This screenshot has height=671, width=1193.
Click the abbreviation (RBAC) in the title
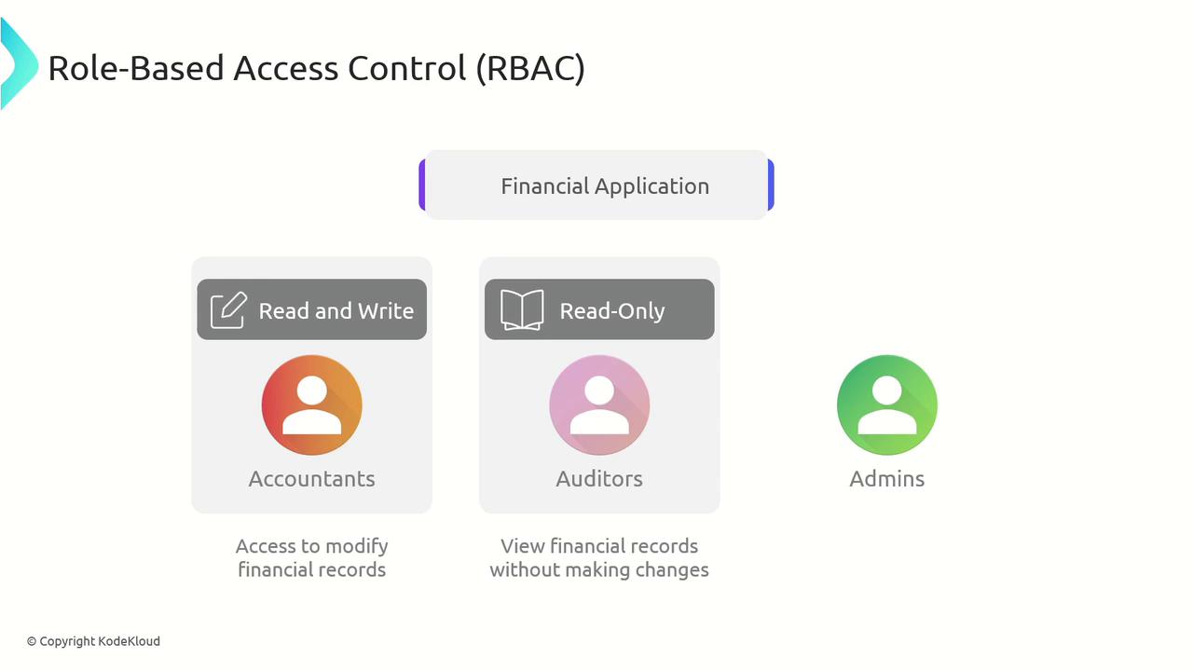tap(530, 69)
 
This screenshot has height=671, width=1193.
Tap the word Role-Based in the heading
tap(136, 68)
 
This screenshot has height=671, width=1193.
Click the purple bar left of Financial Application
tap(422, 185)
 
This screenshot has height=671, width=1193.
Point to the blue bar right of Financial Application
tap(771, 185)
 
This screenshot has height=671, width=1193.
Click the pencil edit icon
tap(229, 310)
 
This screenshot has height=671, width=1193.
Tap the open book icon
tap(522, 310)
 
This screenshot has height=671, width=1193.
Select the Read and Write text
tap(336, 311)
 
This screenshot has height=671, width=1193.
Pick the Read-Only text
tap(612, 311)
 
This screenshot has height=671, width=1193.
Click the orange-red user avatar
tap(311, 405)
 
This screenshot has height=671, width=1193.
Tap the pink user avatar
tap(599, 405)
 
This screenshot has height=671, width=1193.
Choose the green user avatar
tap(886, 405)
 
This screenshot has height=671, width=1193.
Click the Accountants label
tap(311, 479)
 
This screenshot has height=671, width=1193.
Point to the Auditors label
tap(599, 479)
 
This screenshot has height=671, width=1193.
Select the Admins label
tap(886, 479)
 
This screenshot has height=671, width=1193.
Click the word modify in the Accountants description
tap(357, 547)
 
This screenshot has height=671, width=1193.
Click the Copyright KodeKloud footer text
tap(94, 642)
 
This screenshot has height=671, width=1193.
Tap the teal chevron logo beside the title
tap(18, 63)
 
